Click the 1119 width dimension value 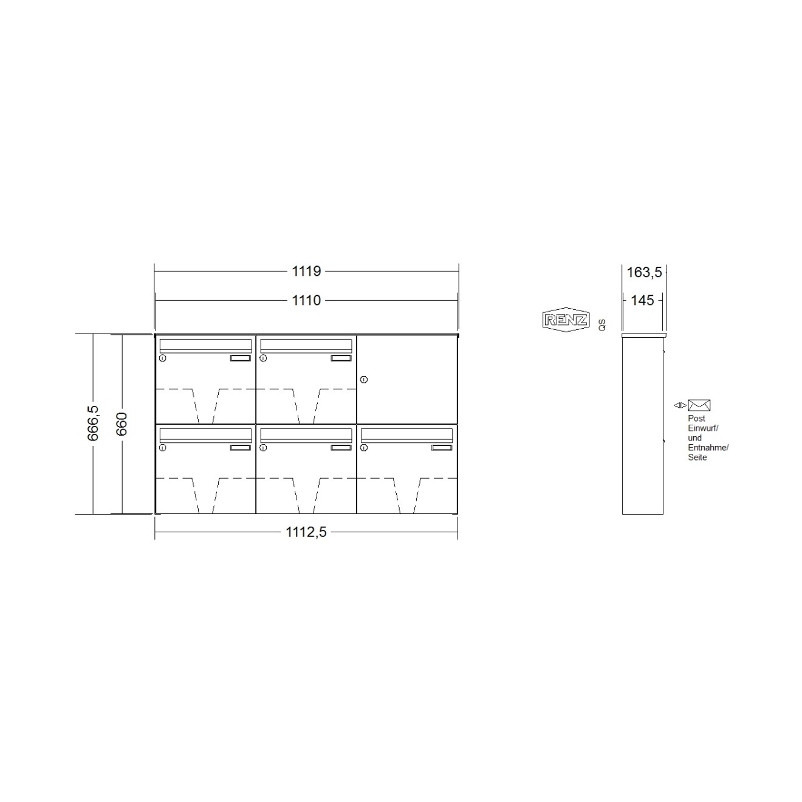pos(306,271)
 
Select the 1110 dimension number pos(306,300)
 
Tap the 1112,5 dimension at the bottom pos(306,532)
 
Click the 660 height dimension pos(122,423)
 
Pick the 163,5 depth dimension pos(644,272)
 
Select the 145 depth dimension pos(643,300)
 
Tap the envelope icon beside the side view pos(699,405)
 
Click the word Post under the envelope pos(696,419)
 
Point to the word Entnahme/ pos(708,448)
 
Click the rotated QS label pos(602,324)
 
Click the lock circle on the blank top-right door pos(363,380)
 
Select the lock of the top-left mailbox pos(162,358)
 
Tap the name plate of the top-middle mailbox pos(341,358)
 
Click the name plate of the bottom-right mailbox pos(442,448)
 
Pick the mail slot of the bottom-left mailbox pos(205,434)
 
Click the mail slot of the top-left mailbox pos(205,345)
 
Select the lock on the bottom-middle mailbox pos(263,448)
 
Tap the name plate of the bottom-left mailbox pos(240,448)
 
